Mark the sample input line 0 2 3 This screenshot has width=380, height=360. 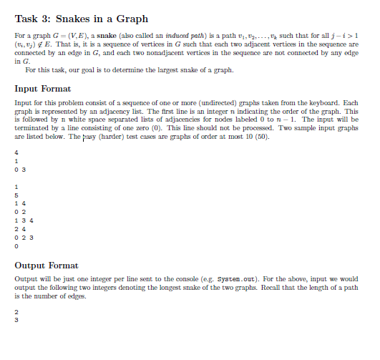click(x=21, y=237)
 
